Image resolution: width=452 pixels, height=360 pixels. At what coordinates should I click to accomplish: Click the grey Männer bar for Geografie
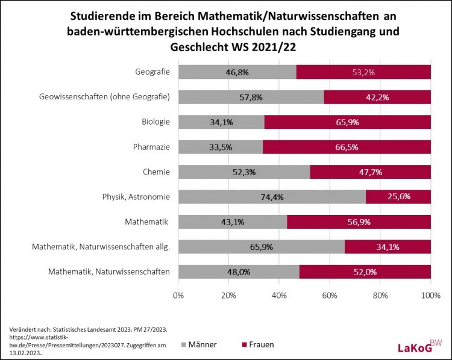237,72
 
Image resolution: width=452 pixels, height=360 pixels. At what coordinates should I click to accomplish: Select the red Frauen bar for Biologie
347,122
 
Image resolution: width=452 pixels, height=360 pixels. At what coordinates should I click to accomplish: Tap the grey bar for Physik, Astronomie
272,197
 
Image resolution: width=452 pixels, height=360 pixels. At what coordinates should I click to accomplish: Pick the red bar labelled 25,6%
398,197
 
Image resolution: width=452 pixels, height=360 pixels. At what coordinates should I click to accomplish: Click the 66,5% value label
347,147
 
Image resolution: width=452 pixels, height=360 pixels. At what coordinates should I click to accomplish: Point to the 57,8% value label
251,98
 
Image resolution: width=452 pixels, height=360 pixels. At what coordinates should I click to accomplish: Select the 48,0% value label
239,272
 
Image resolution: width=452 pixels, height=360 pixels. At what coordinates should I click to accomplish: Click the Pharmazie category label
151,147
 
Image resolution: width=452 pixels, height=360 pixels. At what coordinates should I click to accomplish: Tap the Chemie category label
156,172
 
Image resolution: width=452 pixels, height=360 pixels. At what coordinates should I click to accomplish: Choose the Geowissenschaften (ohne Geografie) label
104,97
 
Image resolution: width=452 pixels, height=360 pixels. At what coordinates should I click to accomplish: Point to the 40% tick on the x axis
279,296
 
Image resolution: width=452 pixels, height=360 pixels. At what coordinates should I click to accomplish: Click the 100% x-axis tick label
431,296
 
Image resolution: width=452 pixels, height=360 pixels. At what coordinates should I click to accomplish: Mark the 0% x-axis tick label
178,296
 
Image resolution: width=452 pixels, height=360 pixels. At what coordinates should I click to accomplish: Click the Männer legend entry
199,345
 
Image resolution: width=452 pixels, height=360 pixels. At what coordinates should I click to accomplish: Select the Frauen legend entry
258,345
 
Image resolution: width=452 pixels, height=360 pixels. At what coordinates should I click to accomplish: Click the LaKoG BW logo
419,346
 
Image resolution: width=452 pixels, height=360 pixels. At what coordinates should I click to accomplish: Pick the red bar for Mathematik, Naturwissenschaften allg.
388,247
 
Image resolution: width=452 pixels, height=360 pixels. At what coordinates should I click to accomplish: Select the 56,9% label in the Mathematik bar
359,222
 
